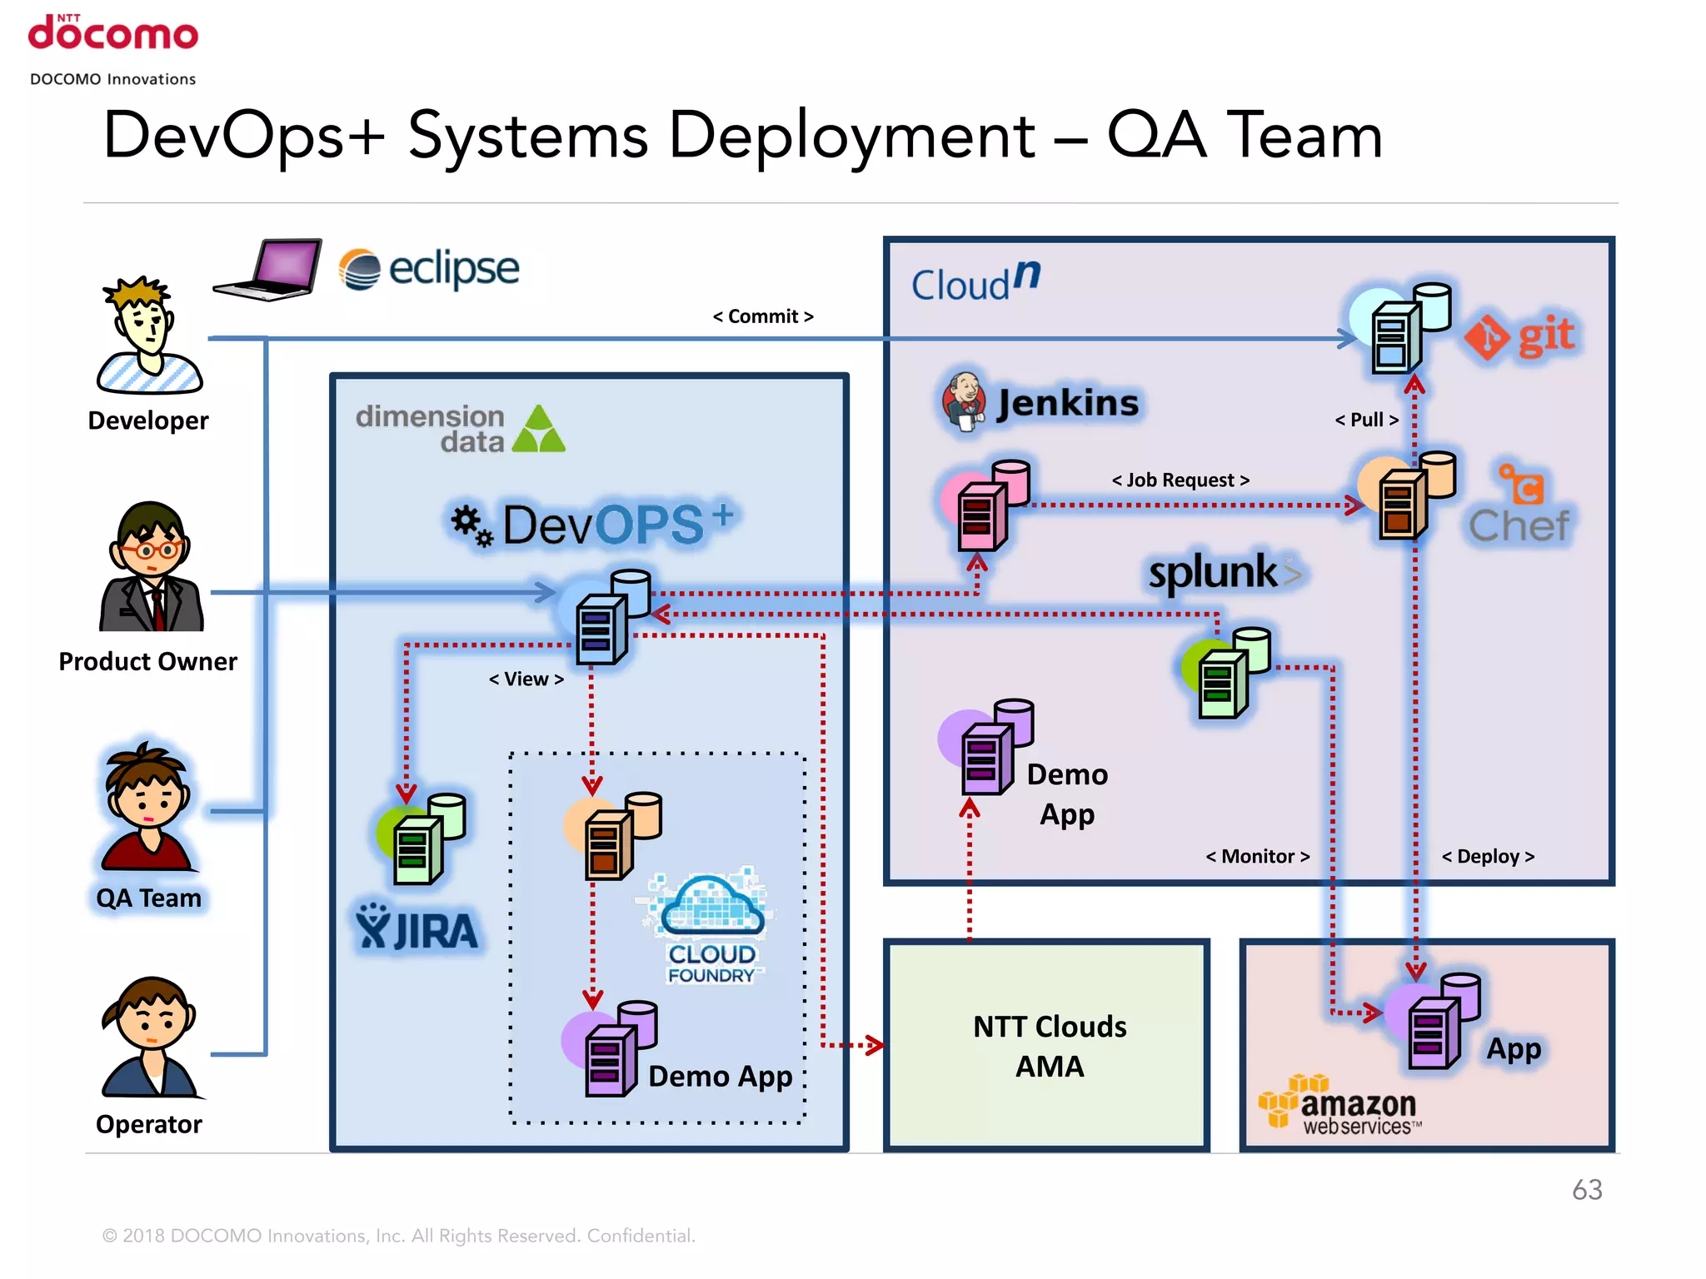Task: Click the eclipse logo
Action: tap(429, 269)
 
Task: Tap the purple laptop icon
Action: tap(269, 269)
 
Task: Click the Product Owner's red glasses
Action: tap(149, 550)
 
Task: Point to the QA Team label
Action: tap(149, 898)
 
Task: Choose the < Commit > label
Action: tap(762, 316)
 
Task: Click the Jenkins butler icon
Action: tap(965, 401)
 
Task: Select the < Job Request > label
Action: tap(1180, 480)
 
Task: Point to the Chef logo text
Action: tap(1519, 526)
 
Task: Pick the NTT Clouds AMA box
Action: tap(1047, 1046)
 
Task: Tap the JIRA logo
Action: tap(417, 928)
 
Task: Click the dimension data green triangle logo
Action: tap(538, 430)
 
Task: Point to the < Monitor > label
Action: tap(1257, 857)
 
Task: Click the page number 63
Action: tap(1586, 1190)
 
